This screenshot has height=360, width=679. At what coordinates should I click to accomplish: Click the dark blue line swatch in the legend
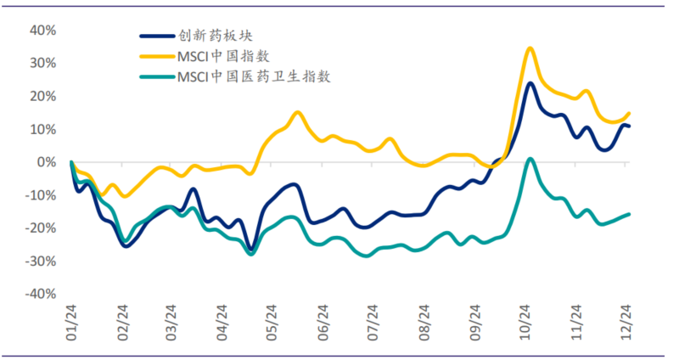[156, 37]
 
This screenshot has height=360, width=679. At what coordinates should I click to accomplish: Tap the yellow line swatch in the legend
[156, 56]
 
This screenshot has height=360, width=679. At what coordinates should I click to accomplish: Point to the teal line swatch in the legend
[156, 76]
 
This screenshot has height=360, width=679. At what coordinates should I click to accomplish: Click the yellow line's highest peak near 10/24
[530, 48]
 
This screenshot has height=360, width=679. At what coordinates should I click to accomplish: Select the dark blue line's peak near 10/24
[530, 83]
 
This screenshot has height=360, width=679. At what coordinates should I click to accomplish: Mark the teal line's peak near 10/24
[530, 159]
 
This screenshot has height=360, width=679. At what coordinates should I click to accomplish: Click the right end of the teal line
[629, 214]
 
